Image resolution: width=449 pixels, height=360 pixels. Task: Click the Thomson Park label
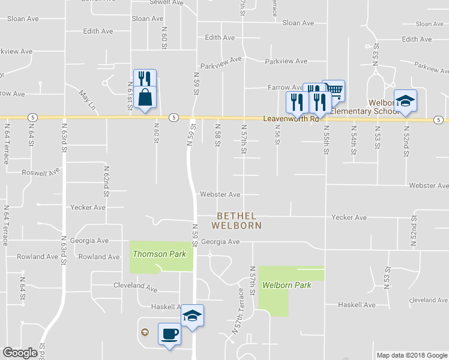point(159,254)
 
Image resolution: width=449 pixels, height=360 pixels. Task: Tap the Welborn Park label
point(286,285)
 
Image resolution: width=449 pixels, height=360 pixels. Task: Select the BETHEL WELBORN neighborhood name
point(237,220)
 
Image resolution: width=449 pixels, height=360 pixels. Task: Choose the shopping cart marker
point(334,91)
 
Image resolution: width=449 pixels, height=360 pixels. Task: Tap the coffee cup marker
point(169,334)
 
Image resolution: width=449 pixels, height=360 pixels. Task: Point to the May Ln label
point(88,100)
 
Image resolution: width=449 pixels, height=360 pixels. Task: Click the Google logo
point(20,353)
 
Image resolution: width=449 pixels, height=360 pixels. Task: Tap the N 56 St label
point(277,137)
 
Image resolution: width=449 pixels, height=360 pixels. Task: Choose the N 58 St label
point(217,137)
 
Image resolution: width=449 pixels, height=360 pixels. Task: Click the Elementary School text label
point(364,112)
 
